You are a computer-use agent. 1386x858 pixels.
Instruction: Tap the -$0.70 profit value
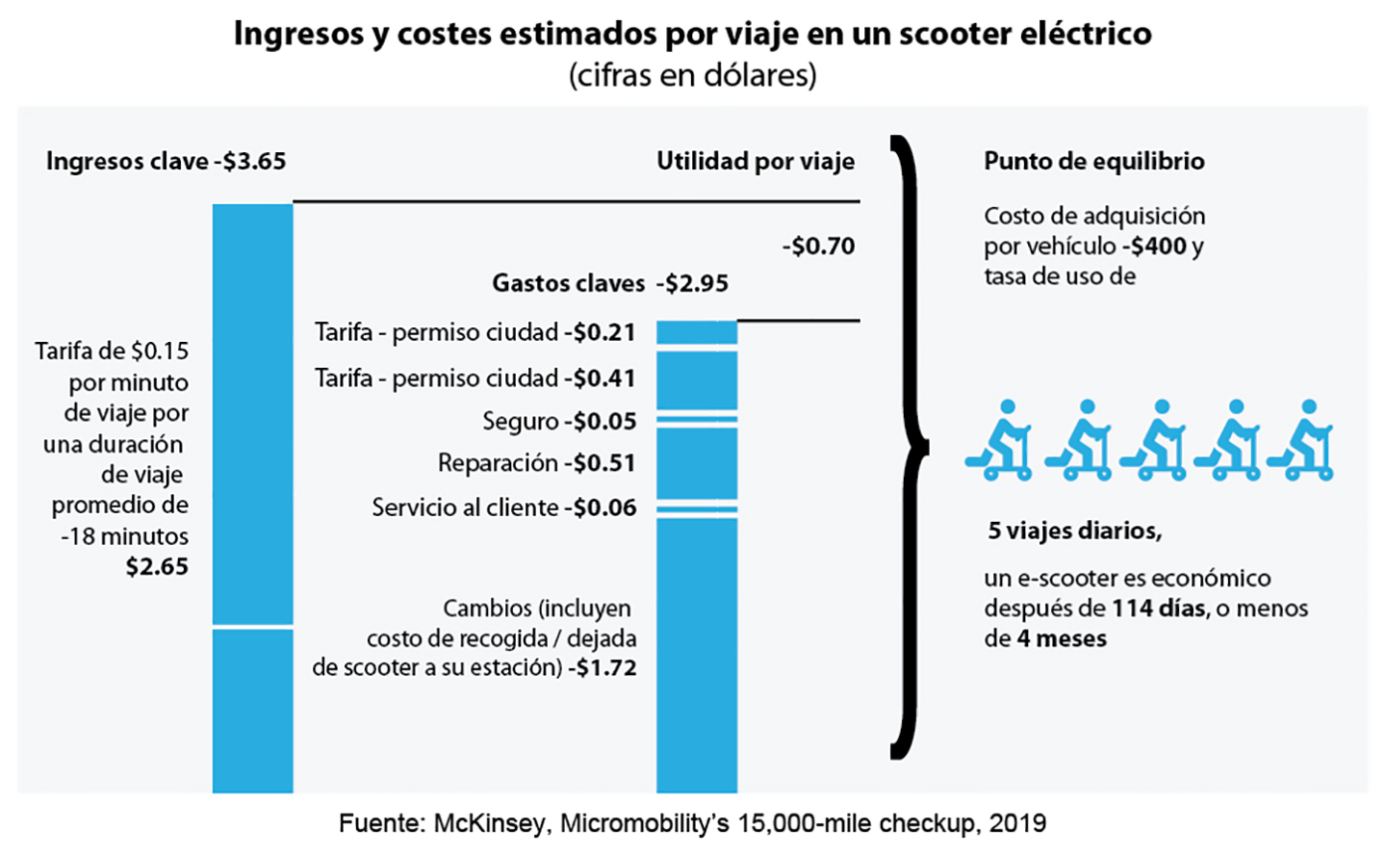[x=819, y=247]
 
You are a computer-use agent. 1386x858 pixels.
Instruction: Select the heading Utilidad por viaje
[x=756, y=161]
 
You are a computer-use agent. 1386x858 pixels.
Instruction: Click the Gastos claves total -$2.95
[x=693, y=283]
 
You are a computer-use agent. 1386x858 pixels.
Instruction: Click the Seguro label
[x=520, y=422]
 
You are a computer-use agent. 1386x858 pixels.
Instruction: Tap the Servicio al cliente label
[x=465, y=507]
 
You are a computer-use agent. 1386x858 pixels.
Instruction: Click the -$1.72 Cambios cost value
[x=603, y=667]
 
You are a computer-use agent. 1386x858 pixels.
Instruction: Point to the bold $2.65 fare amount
[x=157, y=566]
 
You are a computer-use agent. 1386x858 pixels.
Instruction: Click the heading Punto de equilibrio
[x=1093, y=161]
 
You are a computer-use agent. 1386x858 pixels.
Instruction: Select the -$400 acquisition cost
[x=1155, y=247]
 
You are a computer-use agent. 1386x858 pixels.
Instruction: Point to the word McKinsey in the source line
[x=490, y=824]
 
